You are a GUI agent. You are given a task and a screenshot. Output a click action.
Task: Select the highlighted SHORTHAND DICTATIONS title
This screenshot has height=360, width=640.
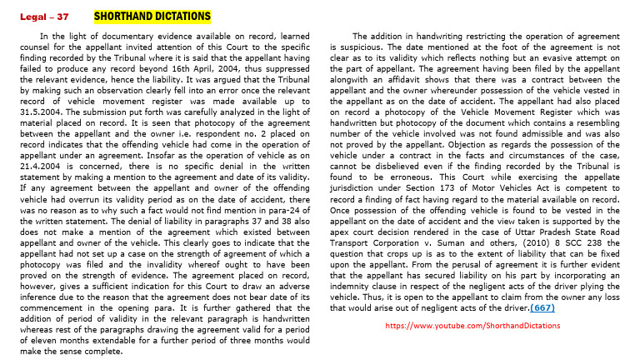point(152,16)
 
